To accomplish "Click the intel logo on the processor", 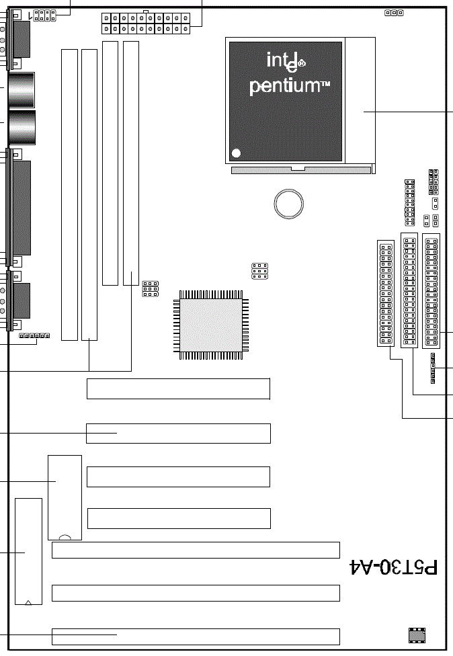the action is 286,61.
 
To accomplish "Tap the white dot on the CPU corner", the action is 236,153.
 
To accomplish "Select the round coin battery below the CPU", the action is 288,204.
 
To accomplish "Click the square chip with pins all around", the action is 211,325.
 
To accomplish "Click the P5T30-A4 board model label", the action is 393,567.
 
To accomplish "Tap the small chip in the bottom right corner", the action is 417,635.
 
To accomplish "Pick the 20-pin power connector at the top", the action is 146,24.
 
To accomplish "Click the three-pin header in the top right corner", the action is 394,13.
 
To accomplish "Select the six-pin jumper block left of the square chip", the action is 151,288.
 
